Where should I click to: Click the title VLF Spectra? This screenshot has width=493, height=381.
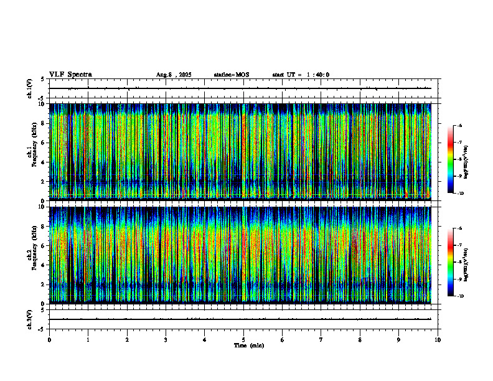pos(70,75)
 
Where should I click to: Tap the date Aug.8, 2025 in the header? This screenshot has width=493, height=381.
pos(174,75)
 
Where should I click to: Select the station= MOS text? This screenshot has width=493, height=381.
pos(231,75)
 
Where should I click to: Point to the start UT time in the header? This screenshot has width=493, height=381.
pos(301,75)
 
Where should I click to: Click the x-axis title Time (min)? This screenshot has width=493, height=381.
pos(248,346)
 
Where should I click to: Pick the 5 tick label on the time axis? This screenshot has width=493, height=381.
pos(243,340)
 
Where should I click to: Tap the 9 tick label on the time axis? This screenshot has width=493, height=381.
pos(399,340)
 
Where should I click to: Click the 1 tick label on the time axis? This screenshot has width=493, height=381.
pos(88,340)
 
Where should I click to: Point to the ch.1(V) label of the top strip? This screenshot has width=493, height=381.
pos(29,88)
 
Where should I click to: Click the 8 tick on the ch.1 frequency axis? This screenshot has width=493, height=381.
pos(42,123)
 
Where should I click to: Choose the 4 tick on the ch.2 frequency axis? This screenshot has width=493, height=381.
pos(42,265)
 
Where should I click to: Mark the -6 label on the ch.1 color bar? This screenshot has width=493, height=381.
pos(460,126)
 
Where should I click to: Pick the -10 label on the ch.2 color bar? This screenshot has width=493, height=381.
pos(460,296)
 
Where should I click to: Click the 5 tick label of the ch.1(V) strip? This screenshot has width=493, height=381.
pos(42,79)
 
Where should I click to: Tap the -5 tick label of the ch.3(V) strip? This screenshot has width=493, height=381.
pos(41,328)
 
